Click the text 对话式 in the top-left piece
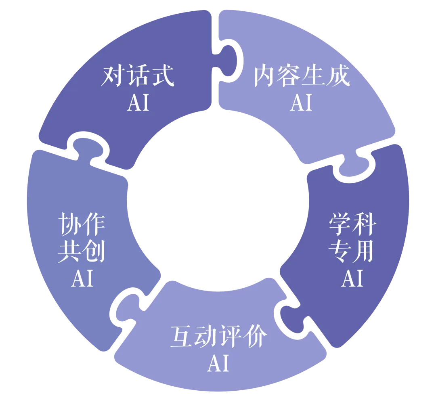pos(138,76)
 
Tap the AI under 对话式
pos(138,103)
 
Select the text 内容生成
pos(301,76)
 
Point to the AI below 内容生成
pos(301,103)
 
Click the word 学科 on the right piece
pos(352,225)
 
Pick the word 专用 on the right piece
pos(352,252)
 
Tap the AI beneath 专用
pos(352,278)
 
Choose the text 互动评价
pos(218,337)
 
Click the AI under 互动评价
pos(218,363)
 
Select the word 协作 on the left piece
pos(82,225)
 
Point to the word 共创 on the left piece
pos(82,252)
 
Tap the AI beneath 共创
pos(82,278)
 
